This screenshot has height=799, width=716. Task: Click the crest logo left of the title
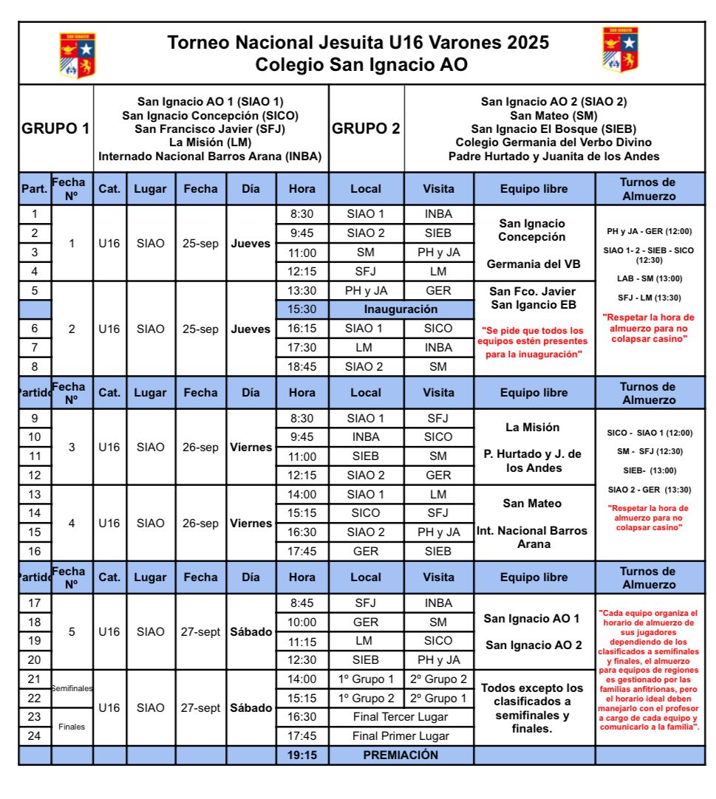pos(78,55)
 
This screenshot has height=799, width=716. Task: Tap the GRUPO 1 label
pos(56,128)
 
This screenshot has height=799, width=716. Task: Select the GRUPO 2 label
pos(366,128)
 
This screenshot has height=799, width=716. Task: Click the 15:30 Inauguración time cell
pos(301,309)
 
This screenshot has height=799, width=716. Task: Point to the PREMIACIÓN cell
pos(400,755)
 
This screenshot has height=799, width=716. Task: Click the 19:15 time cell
pos(301,755)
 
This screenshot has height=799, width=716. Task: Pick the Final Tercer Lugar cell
pos(400,716)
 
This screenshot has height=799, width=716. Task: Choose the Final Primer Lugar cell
pos(400,735)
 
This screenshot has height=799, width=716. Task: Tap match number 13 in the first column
pos(35,494)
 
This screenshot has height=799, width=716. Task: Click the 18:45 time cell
pos(301,366)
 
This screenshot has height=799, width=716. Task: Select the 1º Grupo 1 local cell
pos(366,679)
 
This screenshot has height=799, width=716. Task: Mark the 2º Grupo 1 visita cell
pos(438,698)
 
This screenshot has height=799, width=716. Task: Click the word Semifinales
pos(72,688)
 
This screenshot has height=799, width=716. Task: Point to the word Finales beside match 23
pos(72,726)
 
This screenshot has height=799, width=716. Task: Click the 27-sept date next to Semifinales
pos(200,707)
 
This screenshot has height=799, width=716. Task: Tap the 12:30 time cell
pos(301,659)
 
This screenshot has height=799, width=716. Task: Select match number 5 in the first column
pos(35,290)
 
